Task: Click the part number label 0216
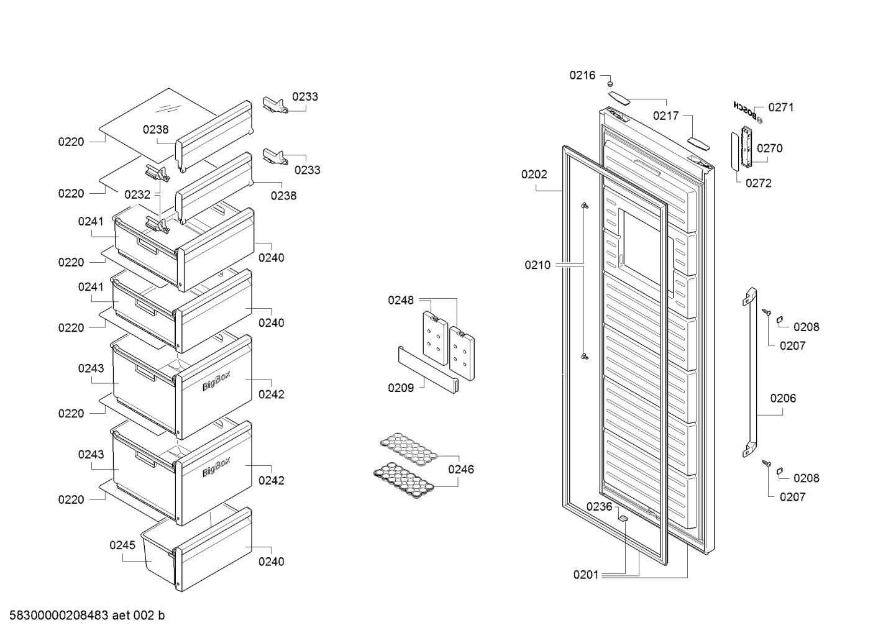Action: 582,75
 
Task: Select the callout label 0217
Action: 665,116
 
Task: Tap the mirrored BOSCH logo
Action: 745,111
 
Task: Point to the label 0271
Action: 781,107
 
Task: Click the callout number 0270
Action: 770,148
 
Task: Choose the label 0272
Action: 759,183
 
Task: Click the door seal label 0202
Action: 534,175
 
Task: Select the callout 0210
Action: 537,265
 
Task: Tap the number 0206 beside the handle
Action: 783,398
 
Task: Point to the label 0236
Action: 599,507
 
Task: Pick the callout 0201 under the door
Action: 585,575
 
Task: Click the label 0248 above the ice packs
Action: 400,300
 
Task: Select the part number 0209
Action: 400,388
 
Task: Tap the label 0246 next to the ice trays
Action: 461,470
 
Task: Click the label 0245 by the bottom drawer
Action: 122,545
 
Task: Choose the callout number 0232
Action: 137,194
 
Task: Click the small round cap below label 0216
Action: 610,84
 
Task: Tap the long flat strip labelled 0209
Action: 428,370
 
